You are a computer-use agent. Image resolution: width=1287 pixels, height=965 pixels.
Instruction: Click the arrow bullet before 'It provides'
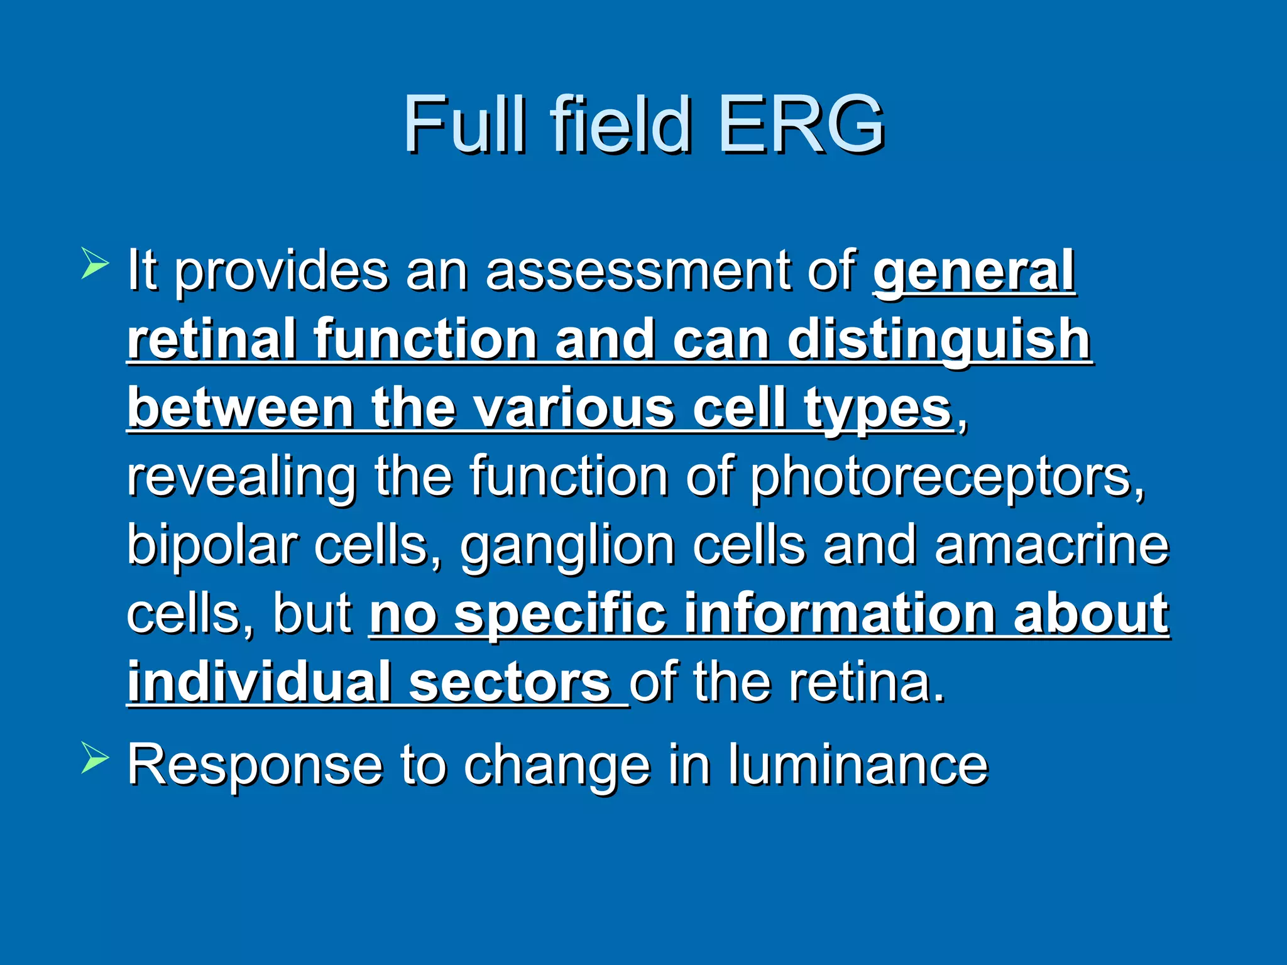pos(95,263)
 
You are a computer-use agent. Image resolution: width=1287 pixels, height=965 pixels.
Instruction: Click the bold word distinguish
pos(939,341)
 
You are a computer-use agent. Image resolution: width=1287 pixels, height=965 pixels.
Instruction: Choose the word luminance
pos(858,765)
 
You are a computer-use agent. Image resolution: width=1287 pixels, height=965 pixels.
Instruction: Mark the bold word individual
pos(260,682)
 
